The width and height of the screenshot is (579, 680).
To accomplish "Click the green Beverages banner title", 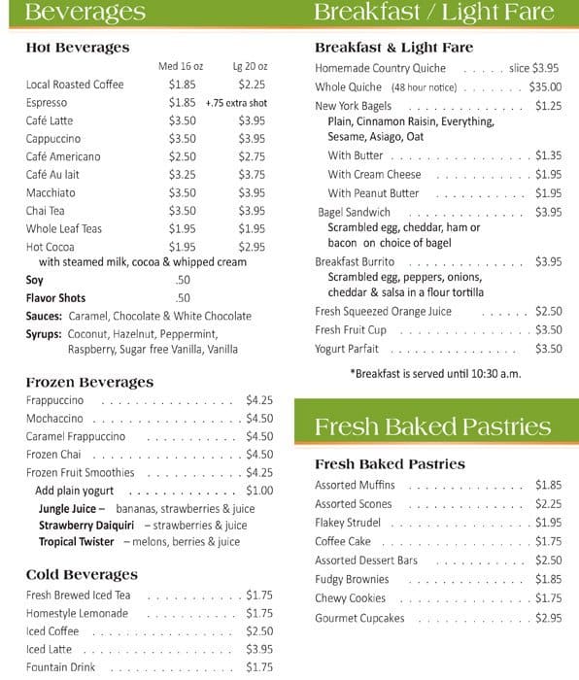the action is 85,13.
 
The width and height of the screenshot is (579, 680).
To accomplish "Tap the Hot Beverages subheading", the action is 78,48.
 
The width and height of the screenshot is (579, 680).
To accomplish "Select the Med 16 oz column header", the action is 181,66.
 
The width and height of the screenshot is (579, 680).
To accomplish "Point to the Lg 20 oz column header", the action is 250,66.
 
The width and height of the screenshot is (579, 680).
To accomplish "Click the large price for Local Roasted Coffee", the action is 252,85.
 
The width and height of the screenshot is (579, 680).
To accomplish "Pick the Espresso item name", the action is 47,103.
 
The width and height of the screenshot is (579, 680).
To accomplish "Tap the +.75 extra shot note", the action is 236,103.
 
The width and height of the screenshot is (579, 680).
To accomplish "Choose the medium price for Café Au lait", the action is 182,175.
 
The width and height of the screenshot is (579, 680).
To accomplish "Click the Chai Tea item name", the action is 46,211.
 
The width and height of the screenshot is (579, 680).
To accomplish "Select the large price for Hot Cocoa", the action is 252,247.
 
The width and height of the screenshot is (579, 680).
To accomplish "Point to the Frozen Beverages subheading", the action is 89,383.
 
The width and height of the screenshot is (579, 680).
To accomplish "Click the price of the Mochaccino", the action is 259,419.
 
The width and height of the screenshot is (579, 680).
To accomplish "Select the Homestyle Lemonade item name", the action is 77,614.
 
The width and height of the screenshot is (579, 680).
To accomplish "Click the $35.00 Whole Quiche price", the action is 545,86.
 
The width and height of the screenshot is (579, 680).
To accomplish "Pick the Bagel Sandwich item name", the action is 354,212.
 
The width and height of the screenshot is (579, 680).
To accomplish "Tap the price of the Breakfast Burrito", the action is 548,261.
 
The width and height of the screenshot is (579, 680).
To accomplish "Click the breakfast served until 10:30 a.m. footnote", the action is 435,373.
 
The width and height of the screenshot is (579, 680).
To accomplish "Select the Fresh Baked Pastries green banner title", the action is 432,427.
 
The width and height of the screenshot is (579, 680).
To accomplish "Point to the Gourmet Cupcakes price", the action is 548,618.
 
